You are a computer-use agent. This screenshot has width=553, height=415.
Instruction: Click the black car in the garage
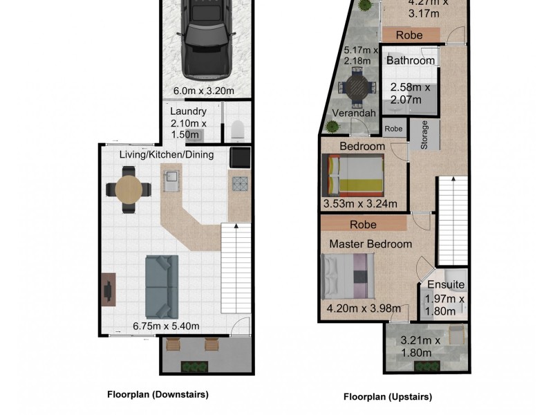(207, 39)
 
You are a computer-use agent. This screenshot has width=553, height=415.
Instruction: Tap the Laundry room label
(188, 111)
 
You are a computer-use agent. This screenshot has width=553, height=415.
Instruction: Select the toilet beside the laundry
(238, 129)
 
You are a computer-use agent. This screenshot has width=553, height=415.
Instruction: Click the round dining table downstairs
(129, 190)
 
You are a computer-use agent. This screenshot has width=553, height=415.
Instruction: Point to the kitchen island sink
(171, 181)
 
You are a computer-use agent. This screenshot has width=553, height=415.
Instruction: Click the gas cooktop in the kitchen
(240, 184)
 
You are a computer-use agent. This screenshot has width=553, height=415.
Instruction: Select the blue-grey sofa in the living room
(162, 287)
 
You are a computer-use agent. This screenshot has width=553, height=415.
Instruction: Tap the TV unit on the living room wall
(109, 289)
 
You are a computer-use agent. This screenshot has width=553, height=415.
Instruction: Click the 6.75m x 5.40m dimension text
(166, 326)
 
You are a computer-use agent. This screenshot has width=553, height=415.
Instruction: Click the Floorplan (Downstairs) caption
(158, 394)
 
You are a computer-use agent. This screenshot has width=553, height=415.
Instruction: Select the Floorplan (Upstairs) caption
(388, 397)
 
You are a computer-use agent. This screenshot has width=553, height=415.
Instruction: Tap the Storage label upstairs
(424, 135)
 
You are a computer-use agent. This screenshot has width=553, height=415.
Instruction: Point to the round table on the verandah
(357, 87)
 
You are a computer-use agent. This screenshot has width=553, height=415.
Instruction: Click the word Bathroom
(411, 61)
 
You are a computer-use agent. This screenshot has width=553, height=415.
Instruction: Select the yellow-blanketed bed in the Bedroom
(353, 175)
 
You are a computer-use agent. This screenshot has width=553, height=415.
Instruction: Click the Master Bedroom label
(371, 244)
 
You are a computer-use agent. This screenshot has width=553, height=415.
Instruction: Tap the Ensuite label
(446, 284)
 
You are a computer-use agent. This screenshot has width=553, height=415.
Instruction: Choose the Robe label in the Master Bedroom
(364, 225)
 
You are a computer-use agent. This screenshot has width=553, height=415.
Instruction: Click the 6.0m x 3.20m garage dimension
(204, 91)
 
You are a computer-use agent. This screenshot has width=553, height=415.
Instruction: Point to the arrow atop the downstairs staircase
(236, 226)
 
